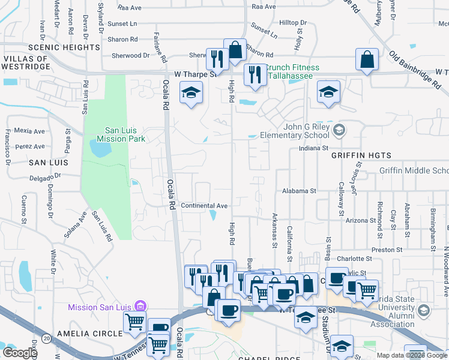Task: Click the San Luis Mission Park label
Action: click(x=125, y=134)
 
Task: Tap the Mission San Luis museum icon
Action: click(x=140, y=307)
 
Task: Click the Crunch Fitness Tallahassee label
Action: click(x=293, y=71)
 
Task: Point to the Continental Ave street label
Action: click(x=204, y=206)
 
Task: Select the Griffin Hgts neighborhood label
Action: click(x=357, y=155)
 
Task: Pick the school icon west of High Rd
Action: click(x=191, y=92)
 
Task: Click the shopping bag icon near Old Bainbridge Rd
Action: click(x=366, y=59)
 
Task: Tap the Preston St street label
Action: click(x=387, y=249)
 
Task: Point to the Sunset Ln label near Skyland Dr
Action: click(x=125, y=23)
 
